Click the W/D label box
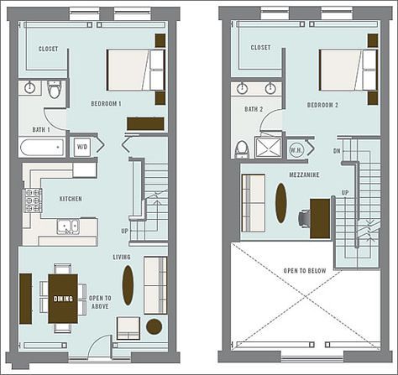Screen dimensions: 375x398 [82, 145]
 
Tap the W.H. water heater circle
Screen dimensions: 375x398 [295, 150]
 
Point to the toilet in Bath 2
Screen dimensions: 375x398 [242, 148]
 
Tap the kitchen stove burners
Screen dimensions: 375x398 [32, 201]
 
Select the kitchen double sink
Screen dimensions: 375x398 [67, 226]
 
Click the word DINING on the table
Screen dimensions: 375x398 [64, 299]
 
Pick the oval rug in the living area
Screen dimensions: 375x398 [128, 284]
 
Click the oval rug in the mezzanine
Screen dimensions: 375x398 [280, 202]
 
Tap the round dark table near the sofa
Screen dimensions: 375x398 [154, 326]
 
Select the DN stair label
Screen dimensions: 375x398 [337, 152]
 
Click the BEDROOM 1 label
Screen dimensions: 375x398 [107, 104]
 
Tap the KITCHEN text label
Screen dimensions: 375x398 [71, 199]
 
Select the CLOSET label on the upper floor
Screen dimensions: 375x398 [261, 48]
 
